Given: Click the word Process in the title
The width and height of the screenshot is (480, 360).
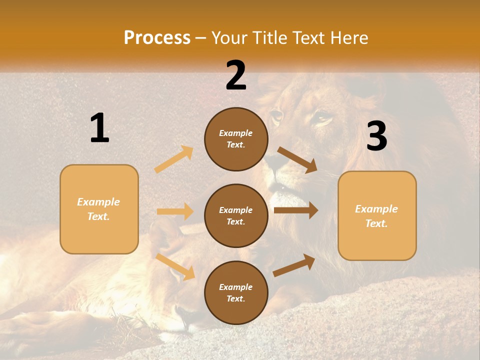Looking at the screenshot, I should (157, 38).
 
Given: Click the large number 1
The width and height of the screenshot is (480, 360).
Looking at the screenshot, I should (99, 128).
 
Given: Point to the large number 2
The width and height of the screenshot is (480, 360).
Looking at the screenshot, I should (236, 75).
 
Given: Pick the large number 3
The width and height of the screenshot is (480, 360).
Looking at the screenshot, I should (376, 136).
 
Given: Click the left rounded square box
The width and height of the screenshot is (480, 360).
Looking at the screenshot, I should (99, 209).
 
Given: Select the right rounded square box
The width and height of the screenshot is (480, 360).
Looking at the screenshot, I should (377, 215).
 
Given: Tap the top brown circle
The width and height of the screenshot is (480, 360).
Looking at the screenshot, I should (236, 139).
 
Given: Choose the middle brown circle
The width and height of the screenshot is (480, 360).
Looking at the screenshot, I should (236, 215).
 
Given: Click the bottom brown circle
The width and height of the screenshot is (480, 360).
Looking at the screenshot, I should (236, 292).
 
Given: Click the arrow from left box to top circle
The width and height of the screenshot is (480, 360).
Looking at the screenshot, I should (174, 159).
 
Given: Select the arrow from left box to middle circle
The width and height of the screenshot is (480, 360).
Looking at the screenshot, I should (175, 211).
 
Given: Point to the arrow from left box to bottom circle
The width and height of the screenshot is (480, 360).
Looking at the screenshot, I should (175, 266).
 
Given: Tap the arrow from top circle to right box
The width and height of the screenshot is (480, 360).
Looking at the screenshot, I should (297, 160).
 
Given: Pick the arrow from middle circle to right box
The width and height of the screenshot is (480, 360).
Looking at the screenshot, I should (296, 210).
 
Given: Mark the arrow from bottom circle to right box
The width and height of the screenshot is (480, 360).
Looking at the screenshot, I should (294, 265).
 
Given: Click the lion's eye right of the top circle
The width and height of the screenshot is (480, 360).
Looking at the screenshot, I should (322, 119).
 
